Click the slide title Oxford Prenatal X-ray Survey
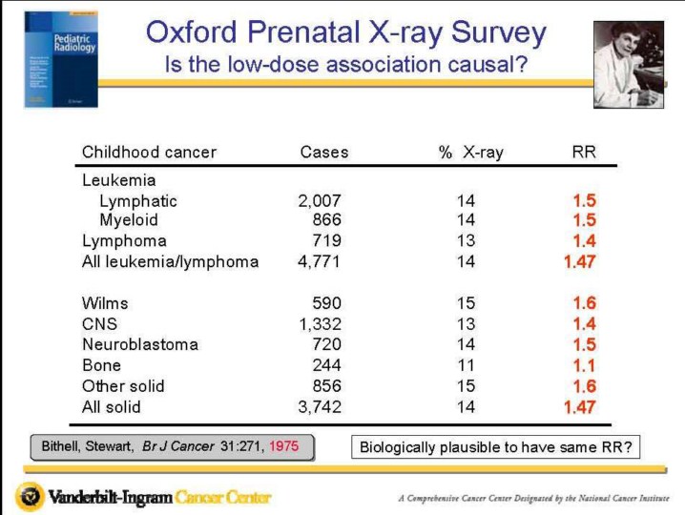(x=345, y=34)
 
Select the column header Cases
(x=324, y=153)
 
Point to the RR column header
(x=583, y=153)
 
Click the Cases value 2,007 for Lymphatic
(x=320, y=201)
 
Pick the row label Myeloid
(x=129, y=220)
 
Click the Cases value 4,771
(x=320, y=261)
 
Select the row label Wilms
(x=105, y=303)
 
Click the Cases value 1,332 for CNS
(x=320, y=323)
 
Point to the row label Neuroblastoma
(x=140, y=344)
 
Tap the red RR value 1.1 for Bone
(x=584, y=365)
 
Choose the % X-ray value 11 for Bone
(x=466, y=365)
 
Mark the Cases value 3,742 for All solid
(x=320, y=407)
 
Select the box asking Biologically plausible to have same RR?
(x=485, y=447)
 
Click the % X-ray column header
(x=471, y=153)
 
